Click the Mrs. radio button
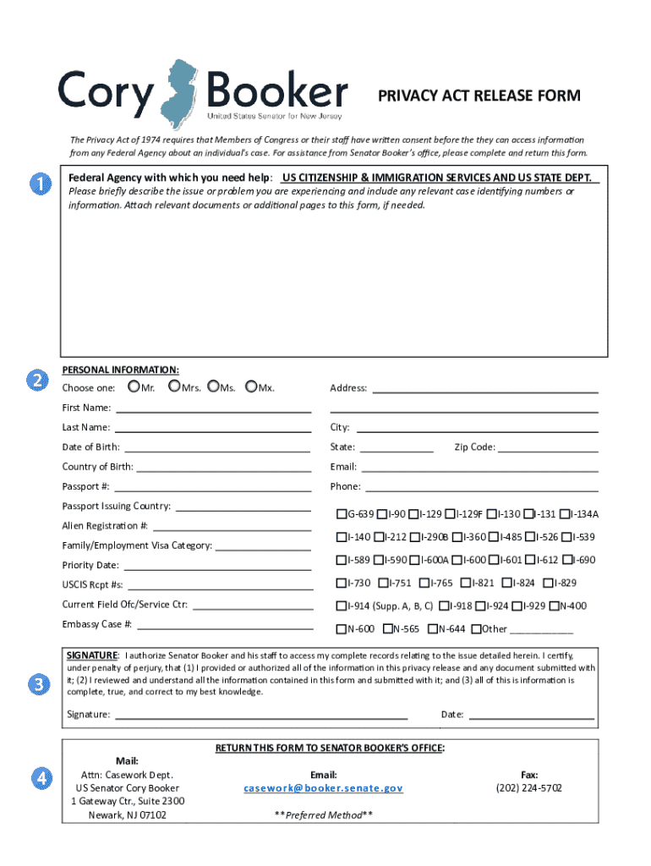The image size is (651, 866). click(x=174, y=387)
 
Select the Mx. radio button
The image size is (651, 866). click(x=251, y=387)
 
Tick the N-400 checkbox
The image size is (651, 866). click(x=555, y=606)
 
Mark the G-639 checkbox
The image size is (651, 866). click(x=342, y=513)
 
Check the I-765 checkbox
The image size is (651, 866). click(x=425, y=583)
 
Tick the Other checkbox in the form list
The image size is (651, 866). click(x=476, y=628)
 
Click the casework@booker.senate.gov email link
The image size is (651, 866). click(x=324, y=788)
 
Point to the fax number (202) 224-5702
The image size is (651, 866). click(x=528, y=788)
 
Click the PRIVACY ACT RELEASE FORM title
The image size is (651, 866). click(x=479, y=96)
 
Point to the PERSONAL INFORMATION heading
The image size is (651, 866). click(x=120, y=370)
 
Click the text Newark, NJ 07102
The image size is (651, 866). click(x=128, y=815)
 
